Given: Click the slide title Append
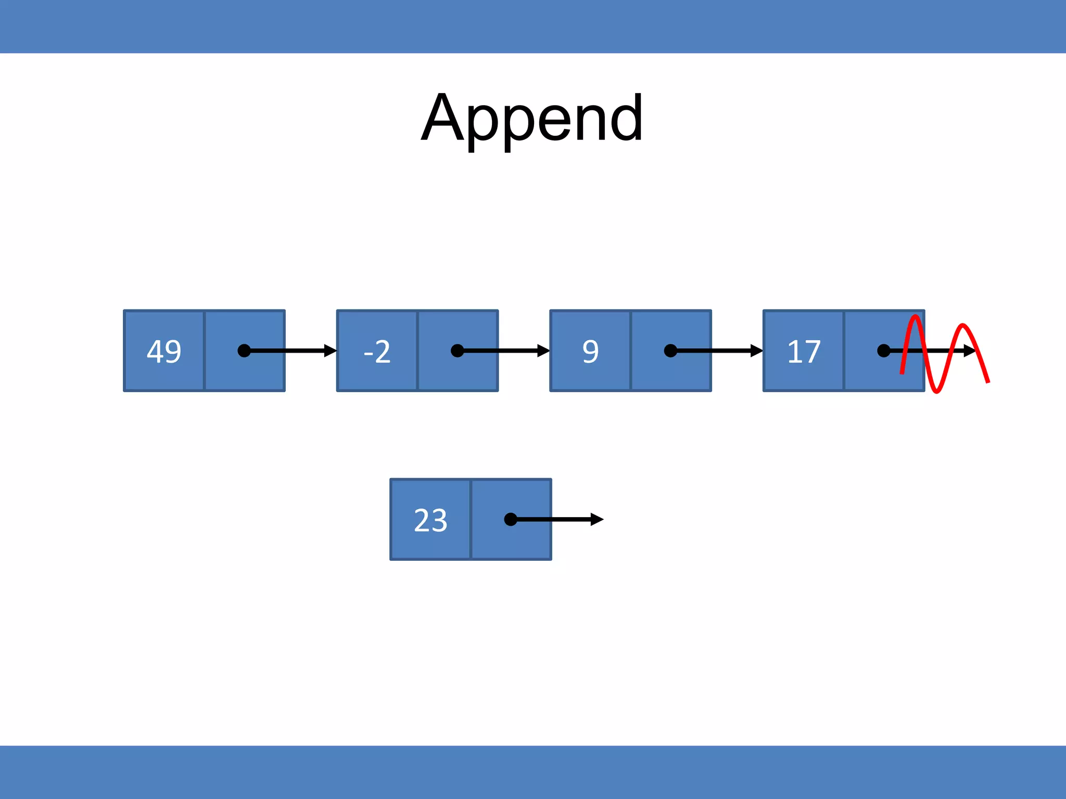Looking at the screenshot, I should pos(532,119).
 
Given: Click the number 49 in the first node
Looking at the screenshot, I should pos(164,352).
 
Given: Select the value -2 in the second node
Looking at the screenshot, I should pos(377,352).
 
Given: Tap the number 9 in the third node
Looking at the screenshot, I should pos(590,352).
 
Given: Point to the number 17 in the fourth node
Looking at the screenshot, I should pos(804,352).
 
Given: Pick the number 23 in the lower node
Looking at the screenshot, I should pos(430,520).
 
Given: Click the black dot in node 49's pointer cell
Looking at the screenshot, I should pos(244,351).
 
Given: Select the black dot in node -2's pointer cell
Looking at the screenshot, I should pos(457,351).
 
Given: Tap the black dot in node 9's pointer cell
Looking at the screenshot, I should pos(670,351).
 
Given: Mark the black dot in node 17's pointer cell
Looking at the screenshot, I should pos(883,351).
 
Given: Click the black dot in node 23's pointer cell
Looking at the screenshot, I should pos(511,519).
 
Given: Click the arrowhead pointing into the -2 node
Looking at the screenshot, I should pos(331,351).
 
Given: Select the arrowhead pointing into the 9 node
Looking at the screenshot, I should pos(543,351).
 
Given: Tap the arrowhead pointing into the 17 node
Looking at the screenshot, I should pos(757,351).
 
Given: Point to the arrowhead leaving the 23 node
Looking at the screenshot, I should pos(597,519).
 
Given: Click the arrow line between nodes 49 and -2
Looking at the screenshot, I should pos(286,351).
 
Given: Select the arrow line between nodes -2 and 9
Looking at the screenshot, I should pos(500,351).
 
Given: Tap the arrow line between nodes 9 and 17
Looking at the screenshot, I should pos(713,351).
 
